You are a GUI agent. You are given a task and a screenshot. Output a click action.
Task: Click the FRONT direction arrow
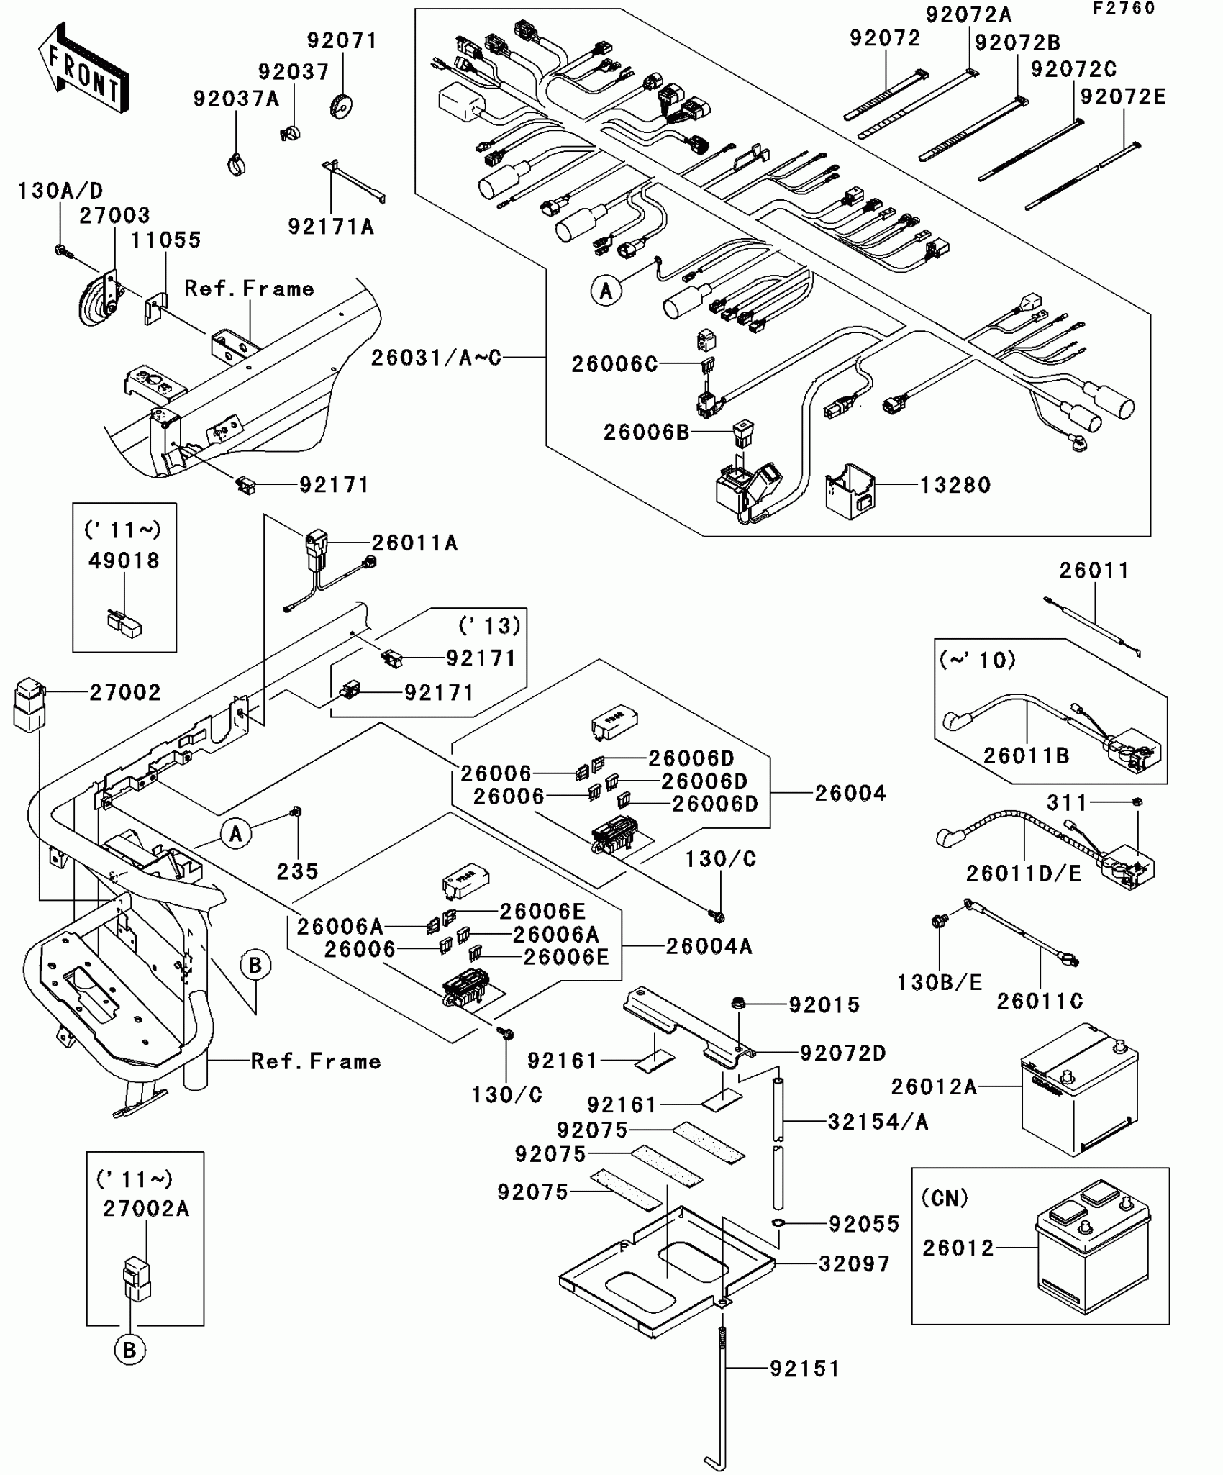tap(83, 69)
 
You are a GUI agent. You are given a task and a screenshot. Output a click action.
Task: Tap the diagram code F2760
tap(1123, 9)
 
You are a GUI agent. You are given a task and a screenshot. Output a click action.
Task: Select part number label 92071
tap(342, 41)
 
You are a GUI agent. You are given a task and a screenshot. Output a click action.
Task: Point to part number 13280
tap(955, 486)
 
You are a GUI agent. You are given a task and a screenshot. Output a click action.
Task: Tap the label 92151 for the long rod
tap(805, 1369)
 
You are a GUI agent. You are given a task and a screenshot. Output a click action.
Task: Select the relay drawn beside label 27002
tap(29, 704)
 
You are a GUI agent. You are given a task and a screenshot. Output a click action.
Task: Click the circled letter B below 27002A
tap(129, 1351)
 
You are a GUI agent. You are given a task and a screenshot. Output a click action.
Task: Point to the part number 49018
tap(124, 560)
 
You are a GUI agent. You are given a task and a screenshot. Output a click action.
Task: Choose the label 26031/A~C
tap(436, 358)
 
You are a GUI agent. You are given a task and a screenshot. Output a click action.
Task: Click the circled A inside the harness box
tap(606, 291)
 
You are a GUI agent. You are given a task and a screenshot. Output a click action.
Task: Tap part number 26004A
tap(709, 946)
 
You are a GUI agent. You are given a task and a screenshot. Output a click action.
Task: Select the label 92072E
tap(1122, 97)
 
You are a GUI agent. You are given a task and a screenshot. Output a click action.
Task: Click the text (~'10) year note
tap(978, 660)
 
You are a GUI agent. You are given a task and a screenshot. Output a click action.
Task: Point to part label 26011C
tap(1040, 1001)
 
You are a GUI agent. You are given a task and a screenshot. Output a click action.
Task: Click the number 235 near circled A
tap(297, 871)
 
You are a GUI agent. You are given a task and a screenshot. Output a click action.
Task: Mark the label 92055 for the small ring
tap(864, 1224)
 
